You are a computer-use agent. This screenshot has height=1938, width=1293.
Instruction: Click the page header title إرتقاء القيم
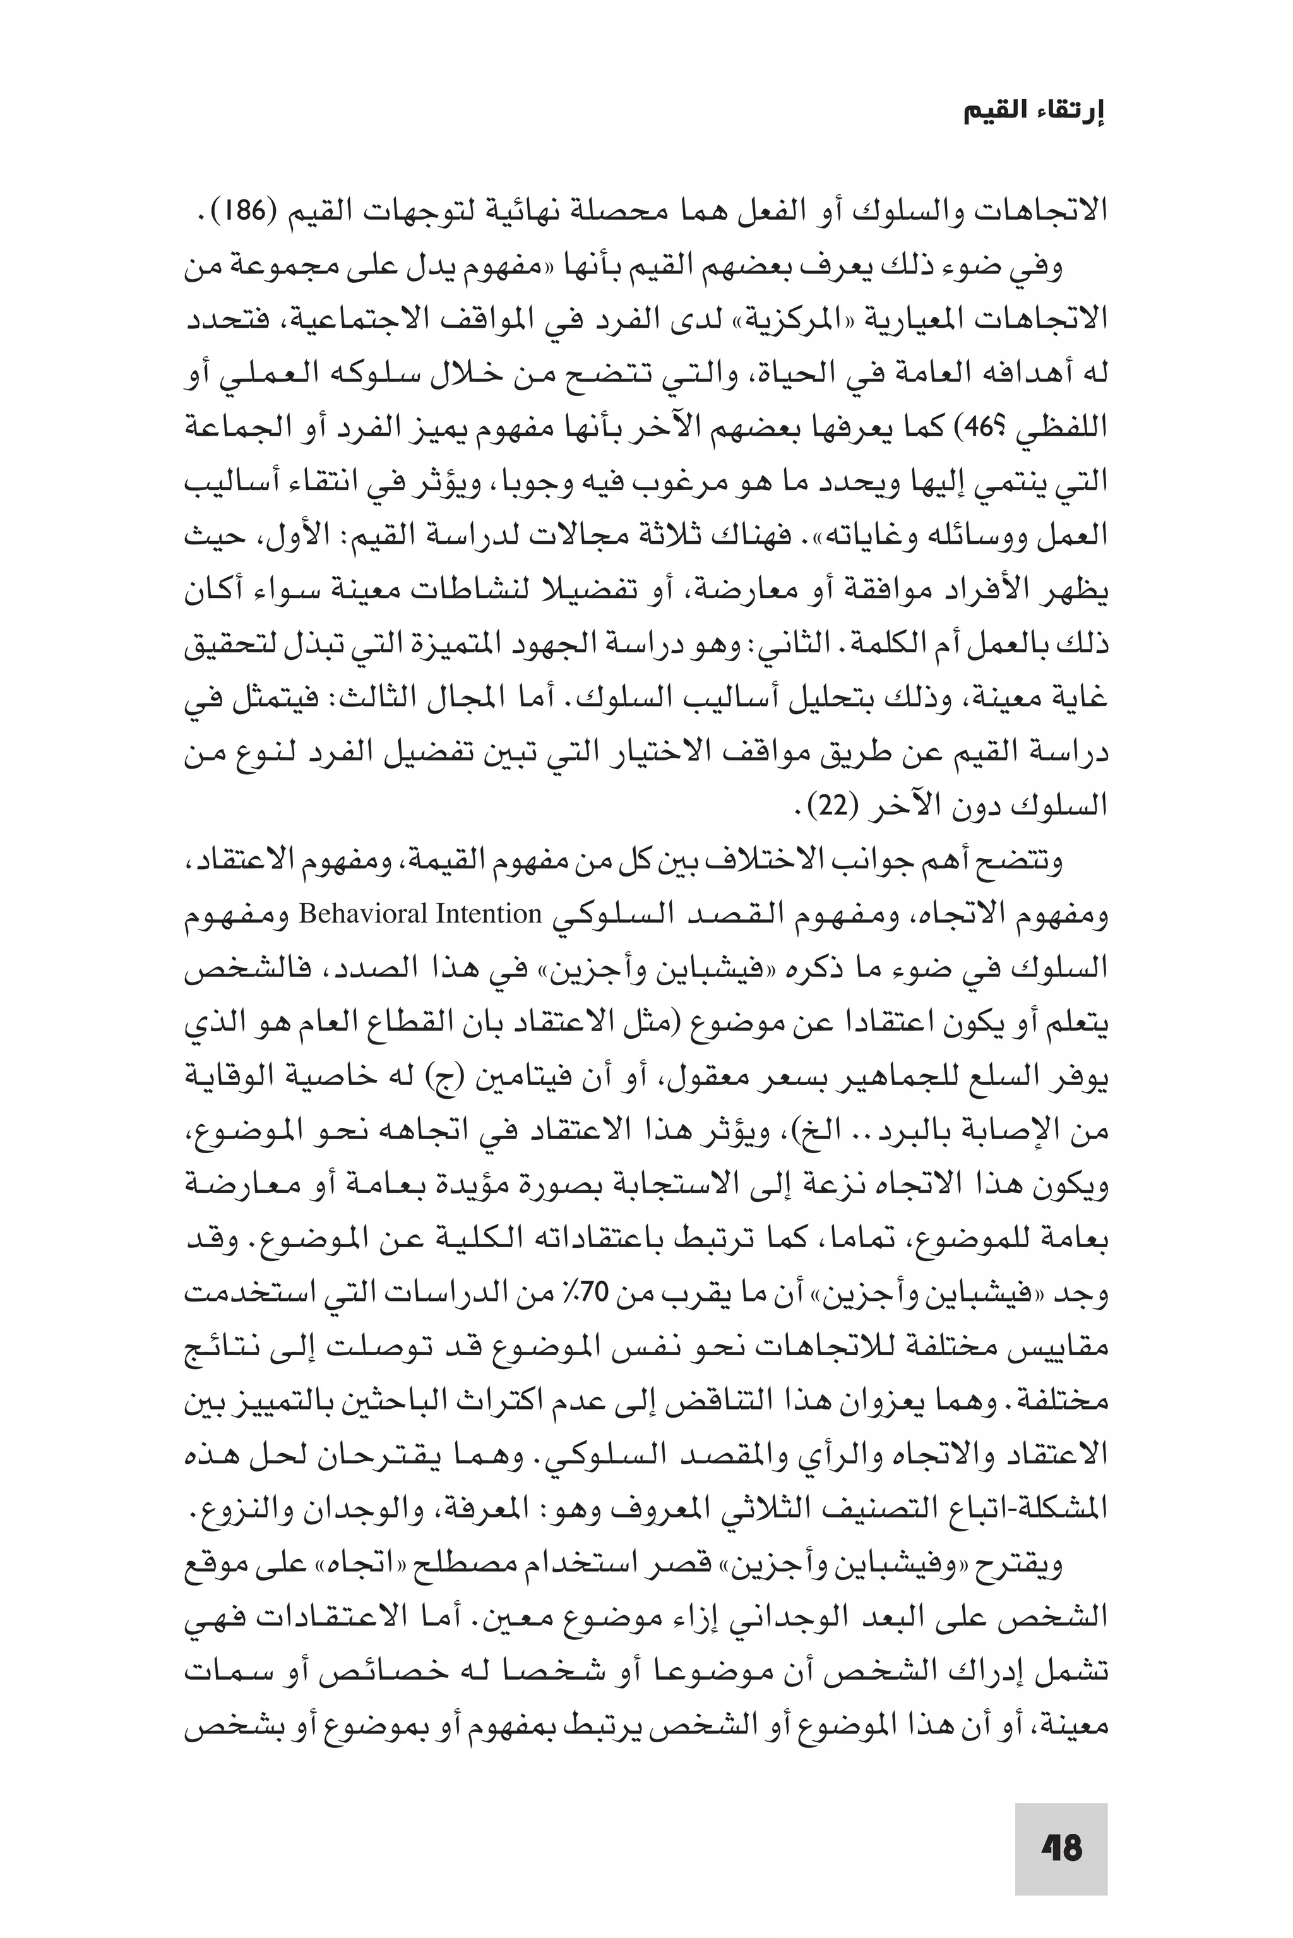[x=1034, y=113]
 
